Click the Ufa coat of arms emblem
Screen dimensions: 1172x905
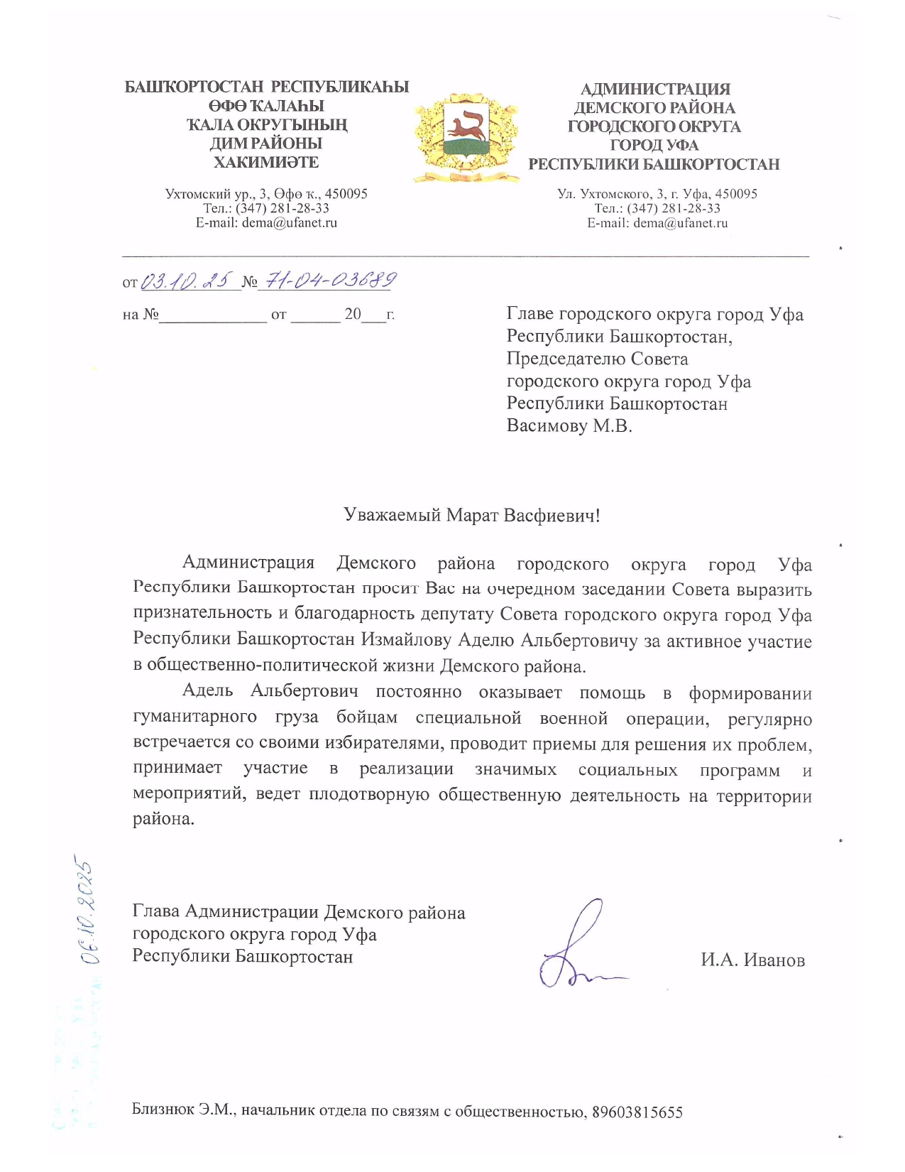pyautogui.click(x=466, y=135)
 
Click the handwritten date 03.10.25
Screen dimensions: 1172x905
pyautogui.click(x=187, y=281)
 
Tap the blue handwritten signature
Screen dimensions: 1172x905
pyautogui.click(x=575, y=948)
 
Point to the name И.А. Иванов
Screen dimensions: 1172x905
pyautogui.click(x=752, y=960)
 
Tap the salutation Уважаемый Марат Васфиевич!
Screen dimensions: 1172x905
pyautogui.click(x=471, y=515)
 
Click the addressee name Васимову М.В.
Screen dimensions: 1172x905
pyautogui.click(x=569, y=426)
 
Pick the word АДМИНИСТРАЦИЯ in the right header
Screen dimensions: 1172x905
pyautogui.click(x=654, y=89)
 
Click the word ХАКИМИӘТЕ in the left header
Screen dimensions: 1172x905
pyautogui.click(x=266, y=162)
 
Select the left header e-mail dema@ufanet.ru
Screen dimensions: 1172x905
pyautogui.click(x=289, y=223)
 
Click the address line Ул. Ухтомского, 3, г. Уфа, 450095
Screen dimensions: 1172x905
pyautogui.click(x=657, y=194)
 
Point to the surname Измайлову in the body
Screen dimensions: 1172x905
pyautogui.click(x=405, y=639)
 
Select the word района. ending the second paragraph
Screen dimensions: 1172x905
pyautogui.click(x=163, y=818)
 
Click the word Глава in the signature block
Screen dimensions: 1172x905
pyautogui.click(x=155, y=911)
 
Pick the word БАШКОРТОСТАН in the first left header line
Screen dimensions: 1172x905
pyautogui.click(x=194, y=87)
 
